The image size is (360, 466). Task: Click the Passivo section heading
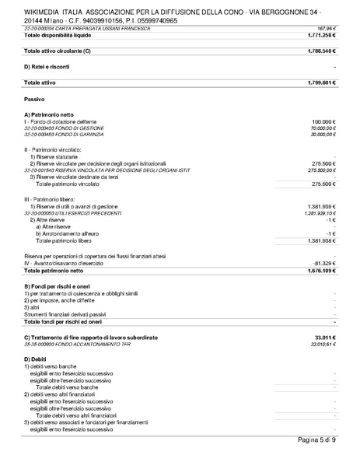pyautogui.click(x=36, y=100)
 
